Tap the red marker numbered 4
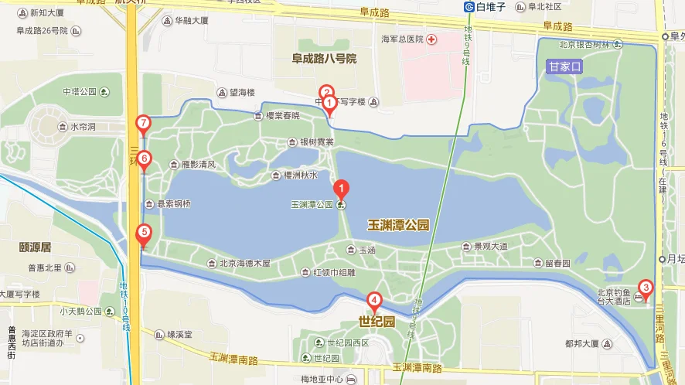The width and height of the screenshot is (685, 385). [x=373, y=300]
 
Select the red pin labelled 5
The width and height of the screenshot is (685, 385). [x=144, y=233]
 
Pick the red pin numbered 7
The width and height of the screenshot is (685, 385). [x=143, y=123]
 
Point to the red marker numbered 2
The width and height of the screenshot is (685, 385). [x=326, y=91]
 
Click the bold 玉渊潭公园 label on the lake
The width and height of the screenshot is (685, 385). [x=397, y=225]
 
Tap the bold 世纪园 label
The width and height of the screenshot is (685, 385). [x=377, y=320]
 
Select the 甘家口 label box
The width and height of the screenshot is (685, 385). [x=564, y=67]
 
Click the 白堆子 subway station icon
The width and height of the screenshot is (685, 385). [x=469, y=7]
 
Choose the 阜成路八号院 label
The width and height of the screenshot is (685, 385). [x=324, y=58]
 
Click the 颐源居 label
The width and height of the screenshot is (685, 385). [x=36, y=247]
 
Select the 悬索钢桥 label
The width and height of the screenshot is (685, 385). [x=174, y=204]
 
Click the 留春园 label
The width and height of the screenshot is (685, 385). [x=557, y=263]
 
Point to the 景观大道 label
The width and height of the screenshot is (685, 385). [x=490, y=247]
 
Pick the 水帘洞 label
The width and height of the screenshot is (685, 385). [x=83, y=127]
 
